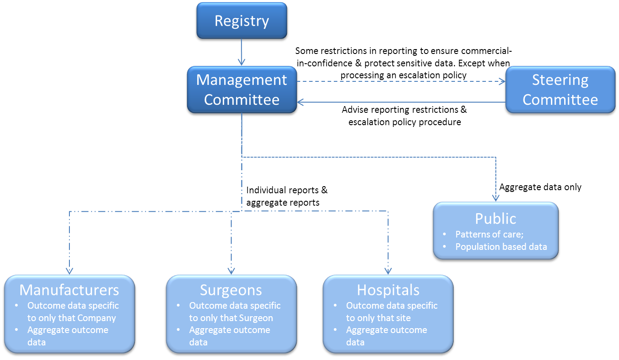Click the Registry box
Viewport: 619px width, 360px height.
tap(241, 21)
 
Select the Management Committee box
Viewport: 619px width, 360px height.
tap(241, 90)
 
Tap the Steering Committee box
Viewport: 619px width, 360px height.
tap(560, 90)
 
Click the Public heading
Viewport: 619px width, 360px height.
tap(495, 218)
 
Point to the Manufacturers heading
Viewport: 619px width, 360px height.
tap(69, 290)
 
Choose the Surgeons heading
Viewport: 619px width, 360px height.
tap(231, 290)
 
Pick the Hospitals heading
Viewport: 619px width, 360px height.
tap(388, 290)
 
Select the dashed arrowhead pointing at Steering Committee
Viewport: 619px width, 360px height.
tap(502, 81)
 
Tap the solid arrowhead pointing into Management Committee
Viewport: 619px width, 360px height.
tap(300, 102)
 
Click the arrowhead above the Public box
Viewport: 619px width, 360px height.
tap(496, 198)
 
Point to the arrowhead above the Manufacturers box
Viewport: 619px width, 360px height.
tap(69, 271)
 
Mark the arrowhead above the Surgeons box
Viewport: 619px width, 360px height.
tap(231, 271)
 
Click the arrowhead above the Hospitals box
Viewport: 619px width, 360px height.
tap(388, 271)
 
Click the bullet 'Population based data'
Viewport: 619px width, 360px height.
tap(501, 247)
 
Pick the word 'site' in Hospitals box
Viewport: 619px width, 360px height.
tap(402, 318)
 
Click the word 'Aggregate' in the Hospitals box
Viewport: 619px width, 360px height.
tap(365, 330)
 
